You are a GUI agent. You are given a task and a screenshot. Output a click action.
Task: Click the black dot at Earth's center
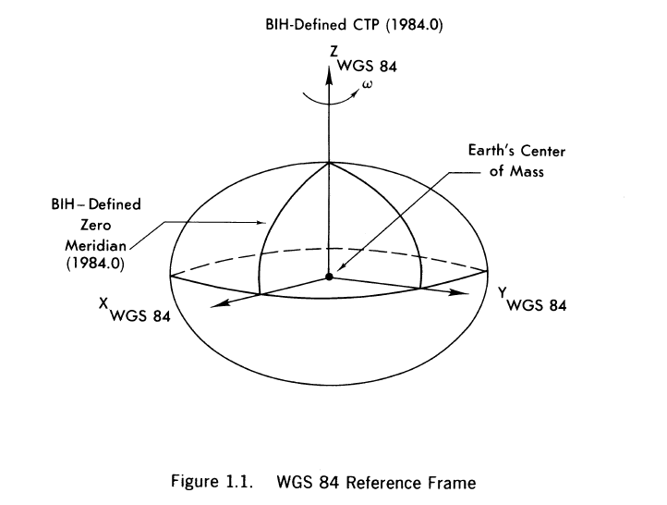329,276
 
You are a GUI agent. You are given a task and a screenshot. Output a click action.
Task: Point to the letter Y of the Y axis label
502,291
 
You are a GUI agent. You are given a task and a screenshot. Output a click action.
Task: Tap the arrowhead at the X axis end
212,302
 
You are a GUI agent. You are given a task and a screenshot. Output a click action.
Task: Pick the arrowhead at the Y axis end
455,294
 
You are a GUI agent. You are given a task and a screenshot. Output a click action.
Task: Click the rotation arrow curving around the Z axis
330,95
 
